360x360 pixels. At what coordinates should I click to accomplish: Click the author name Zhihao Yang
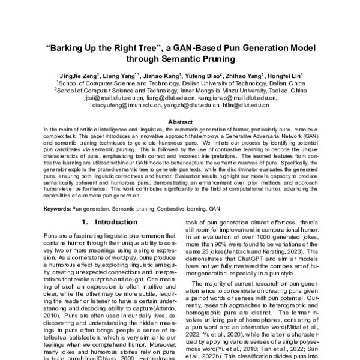[245, 76]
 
